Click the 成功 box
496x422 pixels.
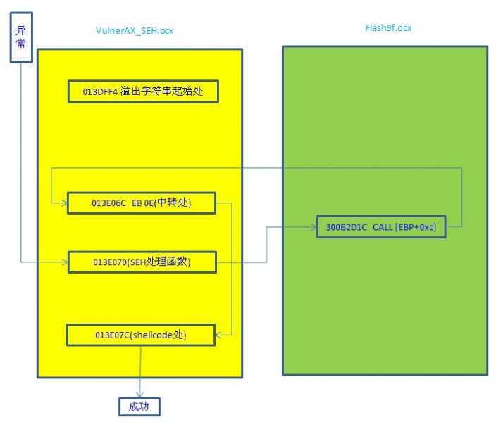(x=139, y=407)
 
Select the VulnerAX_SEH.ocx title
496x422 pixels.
(x=135, y=30)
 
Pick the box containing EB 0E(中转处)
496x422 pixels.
(x=142, y=203)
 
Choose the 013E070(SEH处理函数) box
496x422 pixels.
(x=142, y=262)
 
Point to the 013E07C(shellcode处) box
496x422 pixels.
(x=140, y=335)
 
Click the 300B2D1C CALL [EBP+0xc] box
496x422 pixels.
(x=380, y=226)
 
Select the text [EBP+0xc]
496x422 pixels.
(x=416, y=226)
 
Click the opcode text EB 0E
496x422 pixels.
(x=141, y=203)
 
